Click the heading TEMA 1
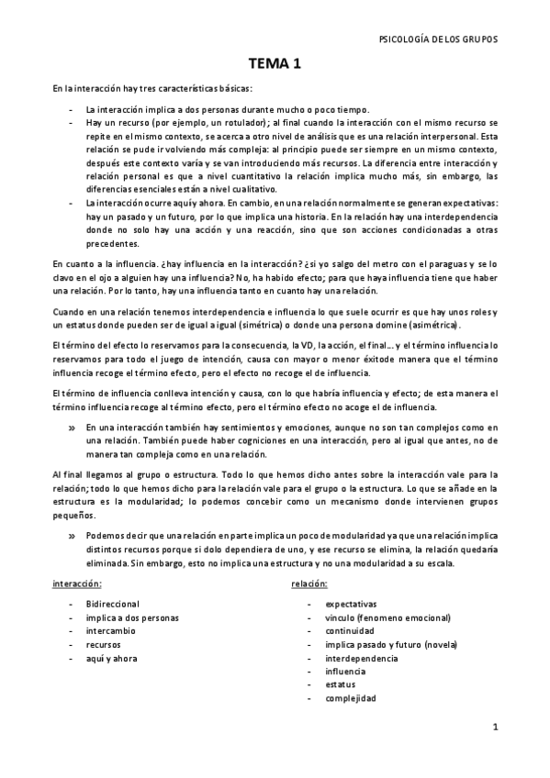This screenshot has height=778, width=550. tap(275, 64)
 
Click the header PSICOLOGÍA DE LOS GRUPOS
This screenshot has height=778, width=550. tap(438, 39)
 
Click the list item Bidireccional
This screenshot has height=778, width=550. tap(111, 604)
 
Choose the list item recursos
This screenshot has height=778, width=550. tap(102, 645)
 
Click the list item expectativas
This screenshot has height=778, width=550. tap(351, 604)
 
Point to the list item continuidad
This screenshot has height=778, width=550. tap(349, 631)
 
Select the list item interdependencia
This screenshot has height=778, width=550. tap(362, 658)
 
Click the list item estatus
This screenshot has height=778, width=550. tap(341, 684)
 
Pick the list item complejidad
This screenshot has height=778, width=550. tap(350, 698)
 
